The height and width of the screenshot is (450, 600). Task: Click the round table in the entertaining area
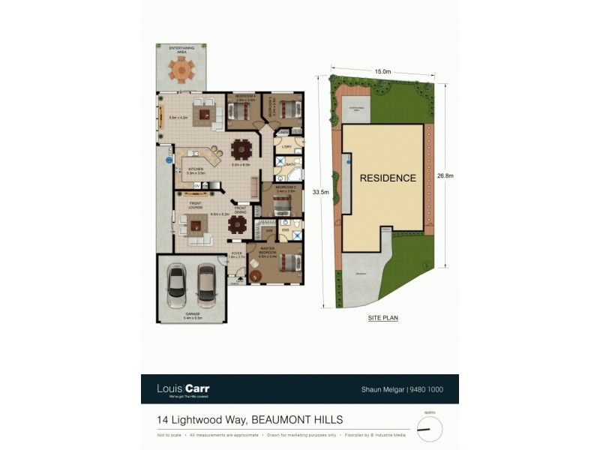click(x=181, y=70)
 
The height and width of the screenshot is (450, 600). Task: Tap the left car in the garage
click(x=178, y=283)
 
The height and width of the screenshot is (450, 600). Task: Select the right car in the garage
click(x=206, y=283)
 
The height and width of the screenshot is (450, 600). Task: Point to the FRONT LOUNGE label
click(x=196, y=205)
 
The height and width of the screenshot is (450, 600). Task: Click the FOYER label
click(x=236, y=253)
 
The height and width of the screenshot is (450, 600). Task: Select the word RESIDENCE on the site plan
click(x=387, y=178)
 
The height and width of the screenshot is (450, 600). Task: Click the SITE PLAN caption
click(x=382, y=318)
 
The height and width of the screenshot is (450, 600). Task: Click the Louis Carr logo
click(x=183, y=389)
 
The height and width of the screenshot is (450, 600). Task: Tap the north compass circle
click(x=430, y=429)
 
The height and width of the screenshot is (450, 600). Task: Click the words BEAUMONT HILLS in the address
click(x=297, y=420)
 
